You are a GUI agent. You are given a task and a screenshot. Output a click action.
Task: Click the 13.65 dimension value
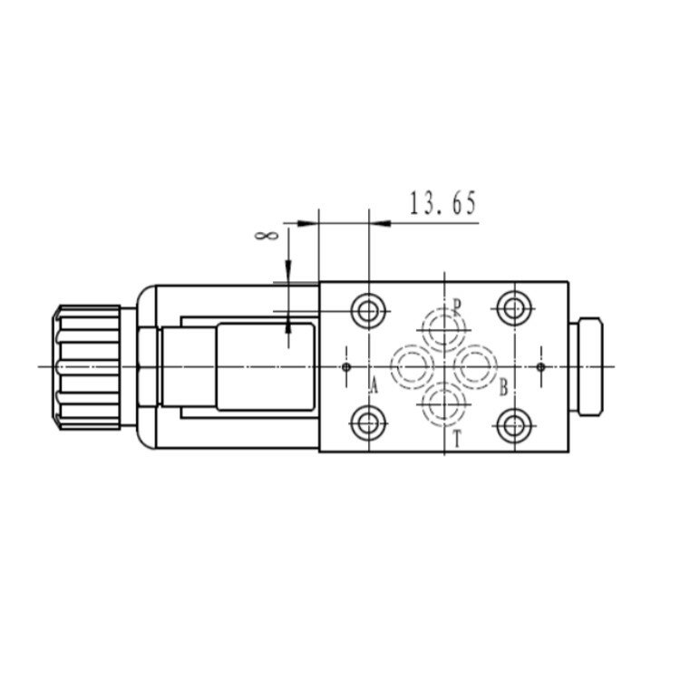442,203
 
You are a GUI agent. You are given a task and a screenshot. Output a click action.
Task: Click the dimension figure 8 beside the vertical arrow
266,236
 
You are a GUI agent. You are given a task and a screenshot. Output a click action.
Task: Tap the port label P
457,306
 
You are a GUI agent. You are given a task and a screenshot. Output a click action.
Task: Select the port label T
457,439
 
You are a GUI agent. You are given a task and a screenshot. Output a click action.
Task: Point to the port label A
374,385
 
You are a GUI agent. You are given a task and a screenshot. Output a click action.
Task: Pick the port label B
503,387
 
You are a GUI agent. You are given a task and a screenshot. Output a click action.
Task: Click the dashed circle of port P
444,310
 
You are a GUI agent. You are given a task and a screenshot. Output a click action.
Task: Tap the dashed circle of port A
391,367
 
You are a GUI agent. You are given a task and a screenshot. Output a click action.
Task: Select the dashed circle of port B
497,367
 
